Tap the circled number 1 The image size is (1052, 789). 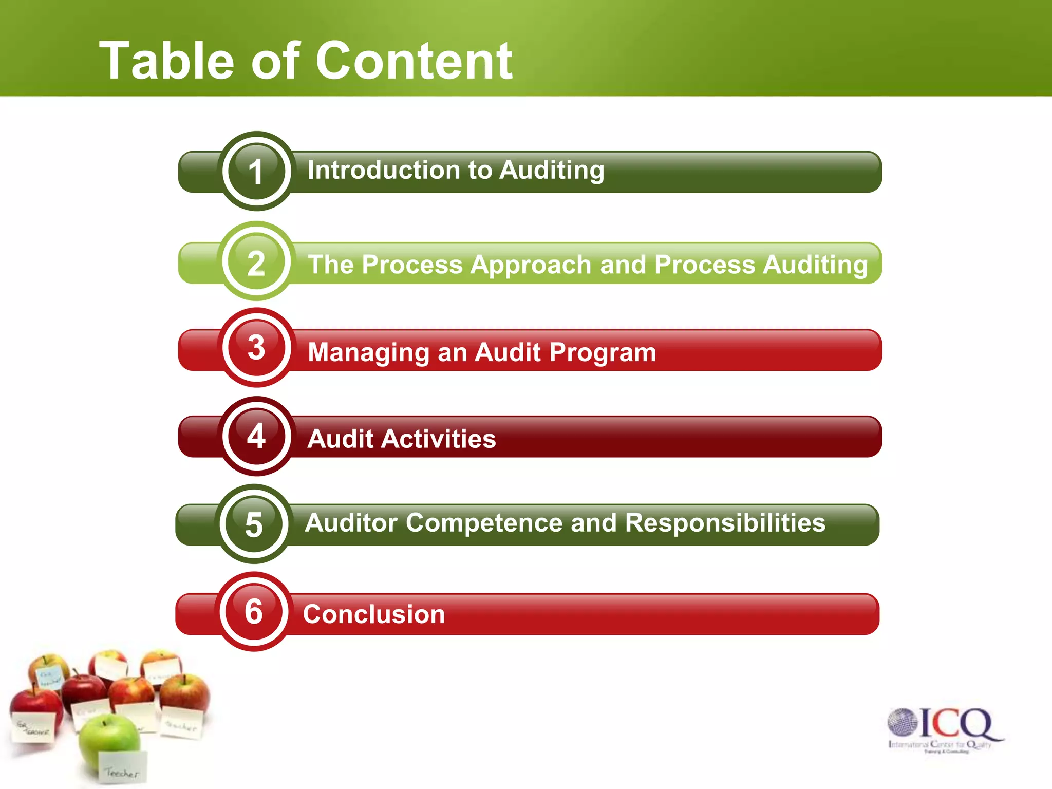(256, 171)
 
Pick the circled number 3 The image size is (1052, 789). (256, 348)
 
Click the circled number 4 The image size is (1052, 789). (256, 436)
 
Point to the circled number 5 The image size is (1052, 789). (254, 524)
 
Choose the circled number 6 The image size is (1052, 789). (254, 611)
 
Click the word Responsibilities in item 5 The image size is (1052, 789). (725, 523)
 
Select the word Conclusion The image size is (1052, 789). (373, 614)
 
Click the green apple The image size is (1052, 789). (108, 740)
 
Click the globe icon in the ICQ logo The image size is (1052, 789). (903, 722)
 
